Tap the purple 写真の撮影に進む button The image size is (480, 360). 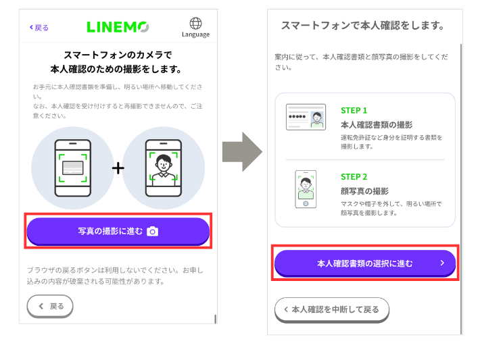point(118,231)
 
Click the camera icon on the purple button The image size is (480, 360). point(153,232)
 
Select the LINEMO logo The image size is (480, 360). point(118,27)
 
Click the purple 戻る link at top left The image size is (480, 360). point(39,28)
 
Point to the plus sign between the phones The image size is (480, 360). point(118,168)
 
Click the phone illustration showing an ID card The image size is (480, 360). point(73,168)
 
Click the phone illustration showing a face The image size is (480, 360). point(162,168)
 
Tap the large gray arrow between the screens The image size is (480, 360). point(241,152)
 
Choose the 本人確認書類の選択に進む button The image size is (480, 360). point(364,263)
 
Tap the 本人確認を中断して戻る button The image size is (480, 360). point(331,309)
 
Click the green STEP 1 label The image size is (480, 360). point(354,110)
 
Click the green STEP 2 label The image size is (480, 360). point(354,177)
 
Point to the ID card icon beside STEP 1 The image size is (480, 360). point(305,116)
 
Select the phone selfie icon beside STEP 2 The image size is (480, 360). point(306,190)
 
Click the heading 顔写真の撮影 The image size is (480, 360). point(364,191)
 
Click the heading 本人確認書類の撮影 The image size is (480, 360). point(377,124)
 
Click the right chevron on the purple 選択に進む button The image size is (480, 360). point(442,263)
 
